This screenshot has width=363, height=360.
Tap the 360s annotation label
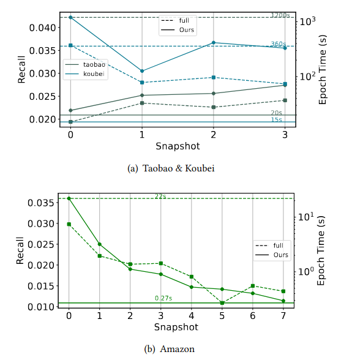pos(279,44)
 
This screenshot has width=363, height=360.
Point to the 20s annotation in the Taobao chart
pos(276,113)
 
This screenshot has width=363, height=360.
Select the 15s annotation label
pos(276,119)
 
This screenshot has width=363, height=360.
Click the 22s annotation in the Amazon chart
pos(160,195)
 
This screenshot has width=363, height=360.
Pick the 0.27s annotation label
pos(163,298)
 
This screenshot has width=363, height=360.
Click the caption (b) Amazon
pos(169,349)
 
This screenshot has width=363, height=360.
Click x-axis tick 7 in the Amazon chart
pos(283,315)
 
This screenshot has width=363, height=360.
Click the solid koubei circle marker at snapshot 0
pos(71,17)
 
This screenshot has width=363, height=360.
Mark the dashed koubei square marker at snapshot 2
pos(213,77)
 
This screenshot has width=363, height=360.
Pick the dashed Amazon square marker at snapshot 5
pos(222,302)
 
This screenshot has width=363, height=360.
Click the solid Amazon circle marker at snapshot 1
pos(99,244)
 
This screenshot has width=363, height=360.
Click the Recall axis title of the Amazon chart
pos(20,252)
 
